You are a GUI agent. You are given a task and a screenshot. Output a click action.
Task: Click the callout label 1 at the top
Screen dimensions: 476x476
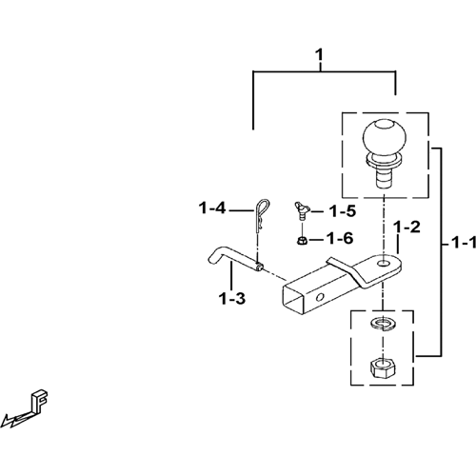320,55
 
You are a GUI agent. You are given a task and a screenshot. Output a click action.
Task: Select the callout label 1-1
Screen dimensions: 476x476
464,244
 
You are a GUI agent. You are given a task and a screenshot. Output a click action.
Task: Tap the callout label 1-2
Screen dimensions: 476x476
407,227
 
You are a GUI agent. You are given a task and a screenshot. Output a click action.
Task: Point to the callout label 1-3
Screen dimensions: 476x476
232,299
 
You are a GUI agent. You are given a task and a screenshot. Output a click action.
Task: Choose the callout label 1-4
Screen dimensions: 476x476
212,208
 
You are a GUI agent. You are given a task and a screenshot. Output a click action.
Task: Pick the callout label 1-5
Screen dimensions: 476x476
343,211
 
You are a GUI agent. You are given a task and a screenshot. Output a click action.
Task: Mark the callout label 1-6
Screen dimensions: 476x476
340,238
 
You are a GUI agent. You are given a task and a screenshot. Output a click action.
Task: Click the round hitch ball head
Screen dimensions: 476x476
385,136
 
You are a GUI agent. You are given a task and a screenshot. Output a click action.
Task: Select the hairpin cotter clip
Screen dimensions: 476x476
261,216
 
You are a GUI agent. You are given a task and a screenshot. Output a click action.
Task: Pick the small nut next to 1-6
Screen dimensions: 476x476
301,241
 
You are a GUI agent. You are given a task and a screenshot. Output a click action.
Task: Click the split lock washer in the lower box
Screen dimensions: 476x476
384,324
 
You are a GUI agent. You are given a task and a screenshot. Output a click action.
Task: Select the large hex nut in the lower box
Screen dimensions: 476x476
383,367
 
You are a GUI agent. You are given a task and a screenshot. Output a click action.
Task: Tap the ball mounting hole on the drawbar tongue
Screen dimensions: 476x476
385,263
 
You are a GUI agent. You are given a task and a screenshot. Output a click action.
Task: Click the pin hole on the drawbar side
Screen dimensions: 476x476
320,297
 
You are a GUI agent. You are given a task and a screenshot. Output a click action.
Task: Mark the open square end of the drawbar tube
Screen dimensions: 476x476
294,301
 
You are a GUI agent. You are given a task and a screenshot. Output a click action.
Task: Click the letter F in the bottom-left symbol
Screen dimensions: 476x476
40,402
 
